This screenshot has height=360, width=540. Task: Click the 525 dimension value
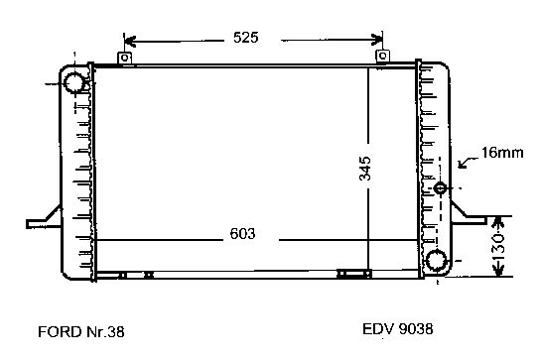point(245,37)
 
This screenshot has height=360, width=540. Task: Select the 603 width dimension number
point(242,234)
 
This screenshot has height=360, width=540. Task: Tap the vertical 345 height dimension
point(365,169)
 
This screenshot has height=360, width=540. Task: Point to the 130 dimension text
point(499,247)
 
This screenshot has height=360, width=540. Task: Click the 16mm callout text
point(502,153)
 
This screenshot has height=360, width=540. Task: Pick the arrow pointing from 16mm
point(469,162)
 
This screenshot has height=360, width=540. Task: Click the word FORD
point(60,332)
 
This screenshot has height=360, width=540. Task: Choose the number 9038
point(416,329)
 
